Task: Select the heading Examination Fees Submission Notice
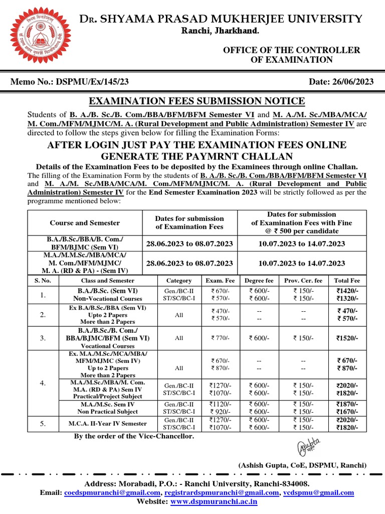coord(197,101)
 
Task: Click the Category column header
coord(179,281)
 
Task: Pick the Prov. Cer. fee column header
coord(303,281)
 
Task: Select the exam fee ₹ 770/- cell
coord(218,338)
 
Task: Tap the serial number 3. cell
coord(43,338)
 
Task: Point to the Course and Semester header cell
coord(85,222)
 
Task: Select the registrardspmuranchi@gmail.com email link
coord(221,493)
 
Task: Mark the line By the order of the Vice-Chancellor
coord(134,436)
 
